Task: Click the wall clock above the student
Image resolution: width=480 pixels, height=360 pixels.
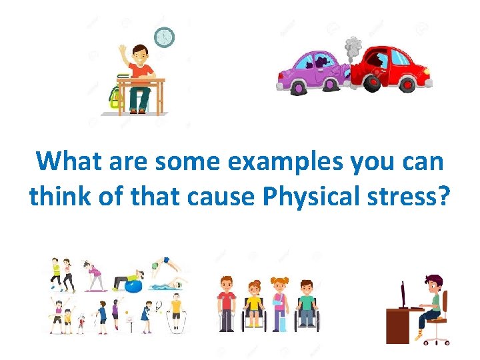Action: click(x=164, y=37)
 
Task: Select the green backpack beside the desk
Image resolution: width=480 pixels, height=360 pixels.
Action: click(x=115, y=97)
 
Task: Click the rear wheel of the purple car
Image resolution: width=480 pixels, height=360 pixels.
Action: click(x=298, y=87)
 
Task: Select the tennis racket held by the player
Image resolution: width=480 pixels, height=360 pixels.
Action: click(x=159, y=306)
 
